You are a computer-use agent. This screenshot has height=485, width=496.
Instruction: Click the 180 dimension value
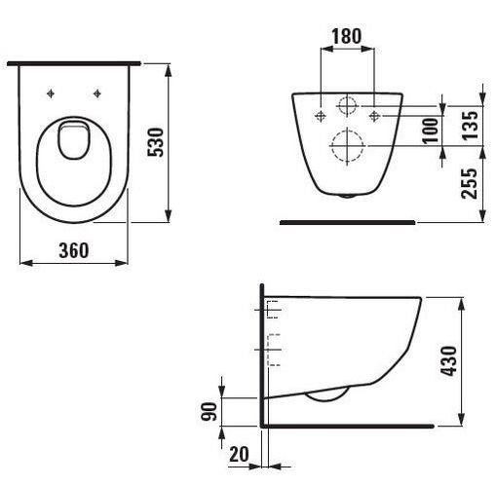tap(346, 36)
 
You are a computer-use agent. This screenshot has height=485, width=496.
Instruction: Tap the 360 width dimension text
tap(72, 250)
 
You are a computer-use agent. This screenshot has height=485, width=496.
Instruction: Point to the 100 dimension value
tap(430, 130)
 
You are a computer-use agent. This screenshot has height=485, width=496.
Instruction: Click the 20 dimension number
tap(238, 454)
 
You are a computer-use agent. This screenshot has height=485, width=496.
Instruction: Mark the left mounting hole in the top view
tap(49, 93)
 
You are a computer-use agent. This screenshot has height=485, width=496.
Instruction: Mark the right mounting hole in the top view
tap(97, 93)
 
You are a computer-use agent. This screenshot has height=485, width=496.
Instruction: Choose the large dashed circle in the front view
tap(346, 147)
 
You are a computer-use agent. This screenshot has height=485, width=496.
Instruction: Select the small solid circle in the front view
tap(347, 107)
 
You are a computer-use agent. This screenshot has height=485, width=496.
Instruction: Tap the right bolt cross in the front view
tap(374, 116)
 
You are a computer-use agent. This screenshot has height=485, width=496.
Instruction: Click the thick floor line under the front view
tap(347, 222)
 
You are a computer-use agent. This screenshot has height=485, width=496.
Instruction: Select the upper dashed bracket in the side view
tap(273, 310)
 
